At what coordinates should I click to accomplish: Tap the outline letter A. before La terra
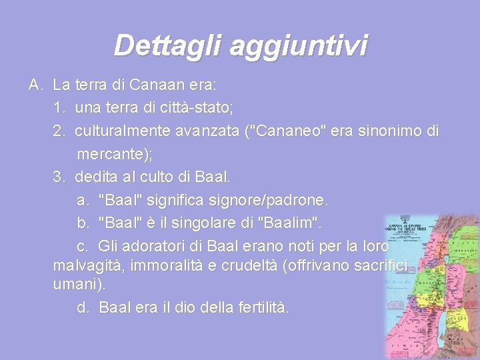coord(36,85)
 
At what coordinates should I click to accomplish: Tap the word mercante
coord(111,154)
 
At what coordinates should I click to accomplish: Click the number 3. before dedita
coord(60,177)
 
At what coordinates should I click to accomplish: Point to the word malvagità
coord(87,267)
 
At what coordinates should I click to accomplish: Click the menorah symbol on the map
coord(404,222)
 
